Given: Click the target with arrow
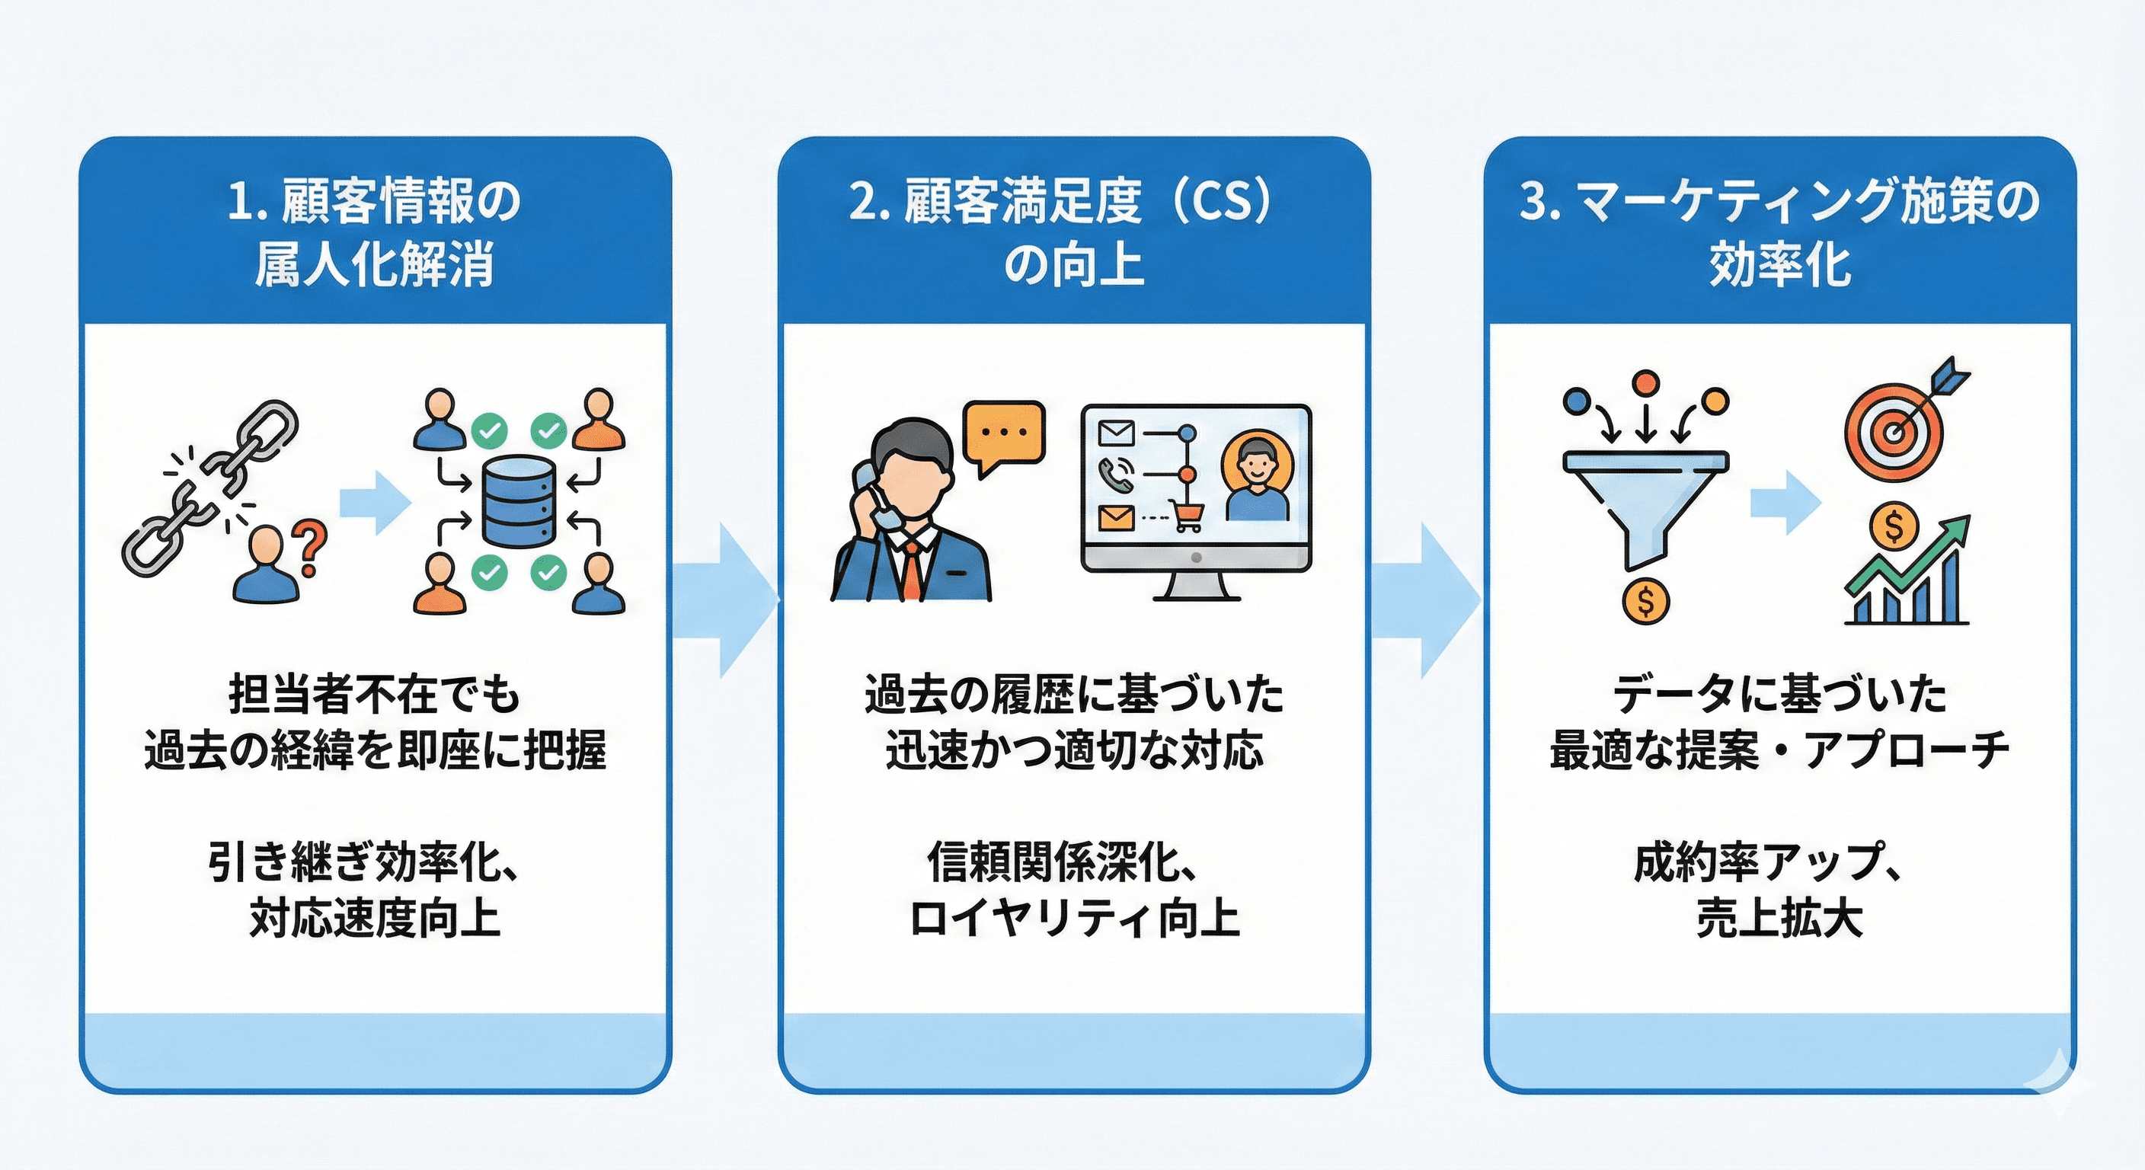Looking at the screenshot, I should (x=1898, y=429).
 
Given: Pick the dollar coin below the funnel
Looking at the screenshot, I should (x=1645, y=600).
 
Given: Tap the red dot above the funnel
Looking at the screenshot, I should (x=1645, y=384).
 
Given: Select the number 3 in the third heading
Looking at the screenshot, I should (x=1532, y=203).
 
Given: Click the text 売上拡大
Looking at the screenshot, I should (x=1779, y=919).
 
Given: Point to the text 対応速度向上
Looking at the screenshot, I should (x=375, y=919).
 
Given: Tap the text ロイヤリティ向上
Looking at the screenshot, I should (x=1074, y=919).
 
